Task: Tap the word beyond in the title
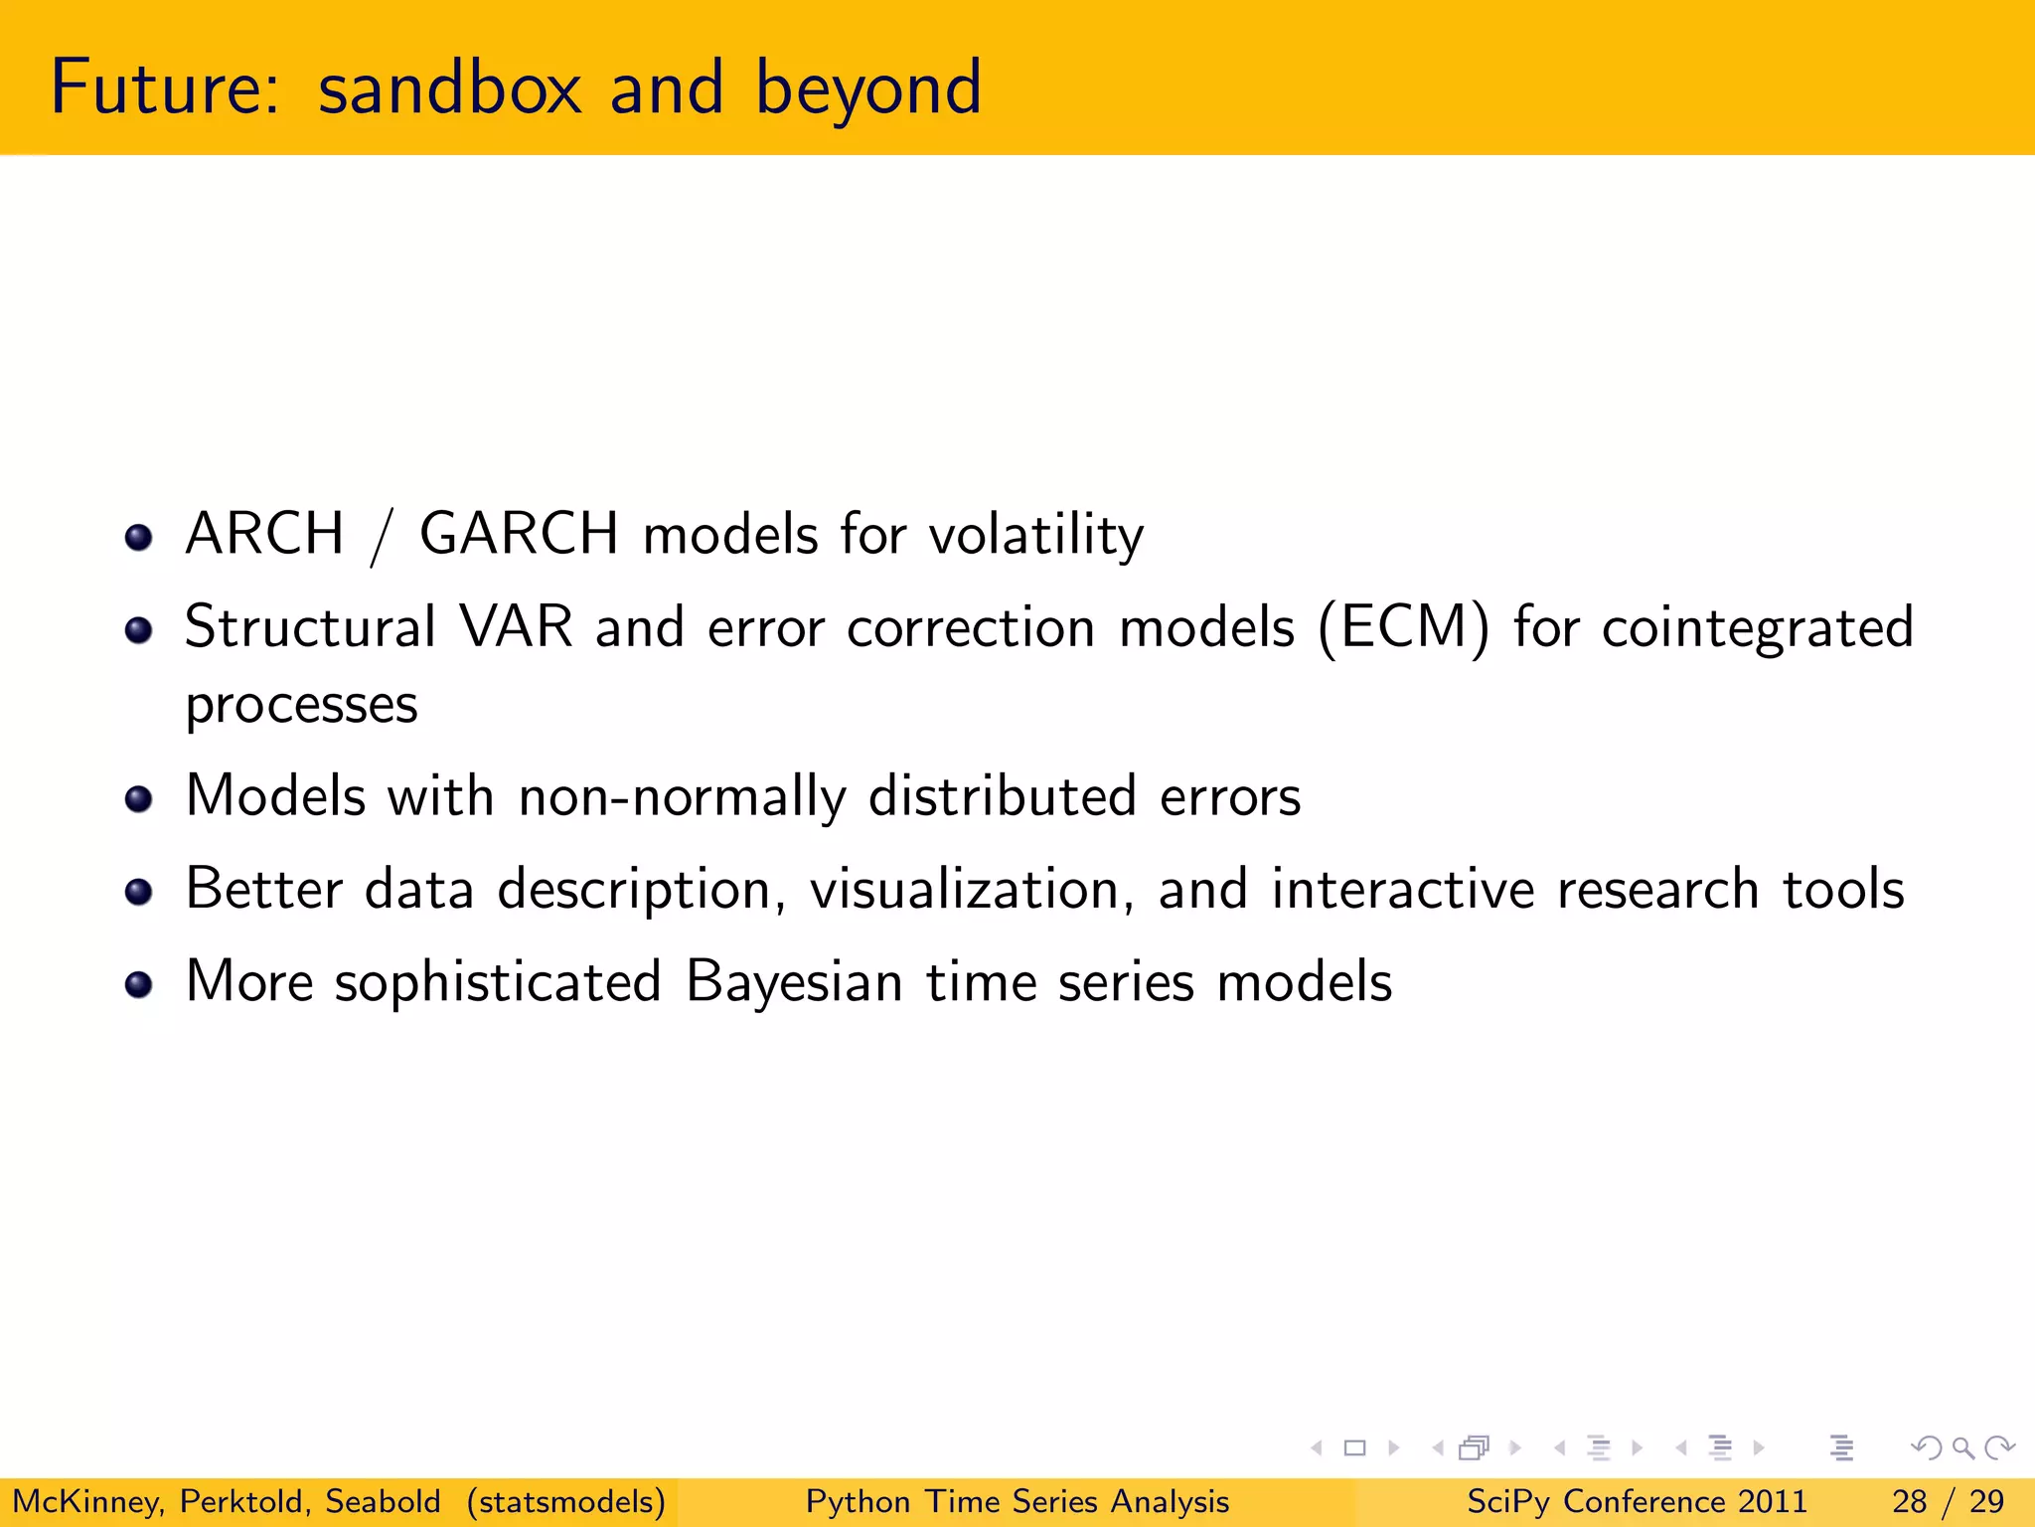(x=867, y=89)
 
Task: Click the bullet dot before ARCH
(x=138, y=538)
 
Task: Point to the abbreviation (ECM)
(x=1404, y=628)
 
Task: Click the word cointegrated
(x=1757, y=628)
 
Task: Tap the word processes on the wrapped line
(x=301, y=706)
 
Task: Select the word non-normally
(x=682, y=797)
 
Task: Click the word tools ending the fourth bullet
(x=1843, y=889)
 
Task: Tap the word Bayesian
(x=794, y=982)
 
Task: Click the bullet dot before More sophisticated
(x=138, y=984)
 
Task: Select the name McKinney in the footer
(x=87, y=1501)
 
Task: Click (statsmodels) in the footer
(x=566, y=1501)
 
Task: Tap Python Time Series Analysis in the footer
(x=1017, y=1501)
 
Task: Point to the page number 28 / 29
(x=1948, y=1501)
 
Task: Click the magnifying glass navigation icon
(x=1961, y=1448)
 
